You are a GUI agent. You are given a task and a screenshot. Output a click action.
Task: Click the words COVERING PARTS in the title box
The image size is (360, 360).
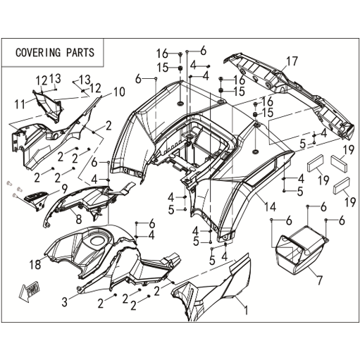pos(55,52)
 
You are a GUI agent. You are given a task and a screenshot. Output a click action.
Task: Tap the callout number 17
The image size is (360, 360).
pos(292,61)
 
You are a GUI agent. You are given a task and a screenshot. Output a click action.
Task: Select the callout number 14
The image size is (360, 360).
pos(270,207)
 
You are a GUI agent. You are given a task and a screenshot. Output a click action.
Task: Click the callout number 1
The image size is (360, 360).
pos(246,310)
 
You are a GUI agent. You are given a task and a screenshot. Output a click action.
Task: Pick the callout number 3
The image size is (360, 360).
pos(65,302)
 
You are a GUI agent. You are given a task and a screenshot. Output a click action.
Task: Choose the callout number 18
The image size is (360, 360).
pos(35,265)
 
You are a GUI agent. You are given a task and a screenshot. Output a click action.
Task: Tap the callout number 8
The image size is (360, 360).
pos(79,219)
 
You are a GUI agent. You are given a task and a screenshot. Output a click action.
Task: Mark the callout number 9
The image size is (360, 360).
pos(64,189)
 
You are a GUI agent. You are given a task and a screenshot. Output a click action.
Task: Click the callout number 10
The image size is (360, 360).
pos(119,92)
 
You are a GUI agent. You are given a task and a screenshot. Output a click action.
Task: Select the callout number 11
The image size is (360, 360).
pos(20,104)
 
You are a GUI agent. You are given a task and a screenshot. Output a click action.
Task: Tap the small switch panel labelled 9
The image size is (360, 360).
pos(35,199)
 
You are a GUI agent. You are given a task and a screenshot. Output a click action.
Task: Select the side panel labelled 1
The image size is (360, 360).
pos(213,289)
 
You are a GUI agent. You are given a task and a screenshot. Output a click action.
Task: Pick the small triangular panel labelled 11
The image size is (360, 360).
pos(49,106)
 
